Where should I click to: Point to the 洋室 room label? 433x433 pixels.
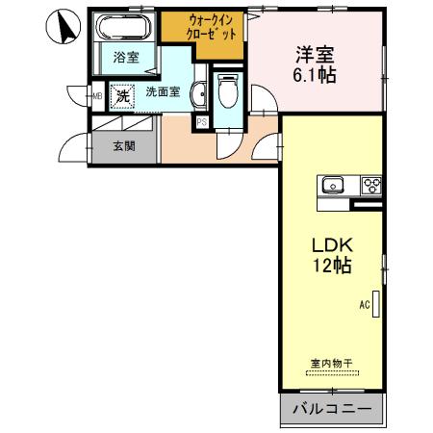[315, 54]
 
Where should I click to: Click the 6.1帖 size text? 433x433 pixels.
[315, 74]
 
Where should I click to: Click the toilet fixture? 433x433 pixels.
[228, 93]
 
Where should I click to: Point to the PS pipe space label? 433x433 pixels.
[201, 122]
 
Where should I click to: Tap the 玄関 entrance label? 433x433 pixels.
[123, 147]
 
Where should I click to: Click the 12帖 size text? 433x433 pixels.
[330, 265]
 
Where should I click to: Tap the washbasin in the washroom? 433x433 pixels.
[197, 93]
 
